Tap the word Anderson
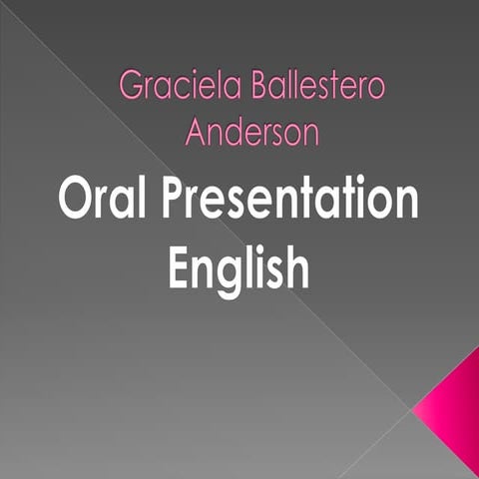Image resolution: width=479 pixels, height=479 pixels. [251, 132]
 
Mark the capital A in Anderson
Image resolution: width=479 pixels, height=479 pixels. [198, 132]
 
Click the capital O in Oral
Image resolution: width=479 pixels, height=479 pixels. [75, 200]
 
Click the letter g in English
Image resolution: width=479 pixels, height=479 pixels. [231, 270]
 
